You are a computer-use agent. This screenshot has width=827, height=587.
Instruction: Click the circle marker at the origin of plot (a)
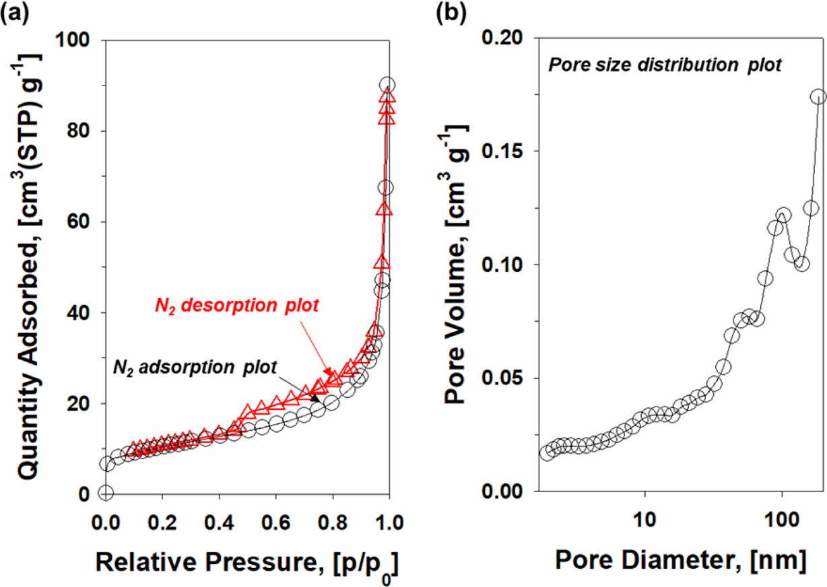106,493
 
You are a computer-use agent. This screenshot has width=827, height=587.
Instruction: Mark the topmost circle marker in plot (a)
387,85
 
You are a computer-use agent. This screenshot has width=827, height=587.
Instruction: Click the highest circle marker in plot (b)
818,97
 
